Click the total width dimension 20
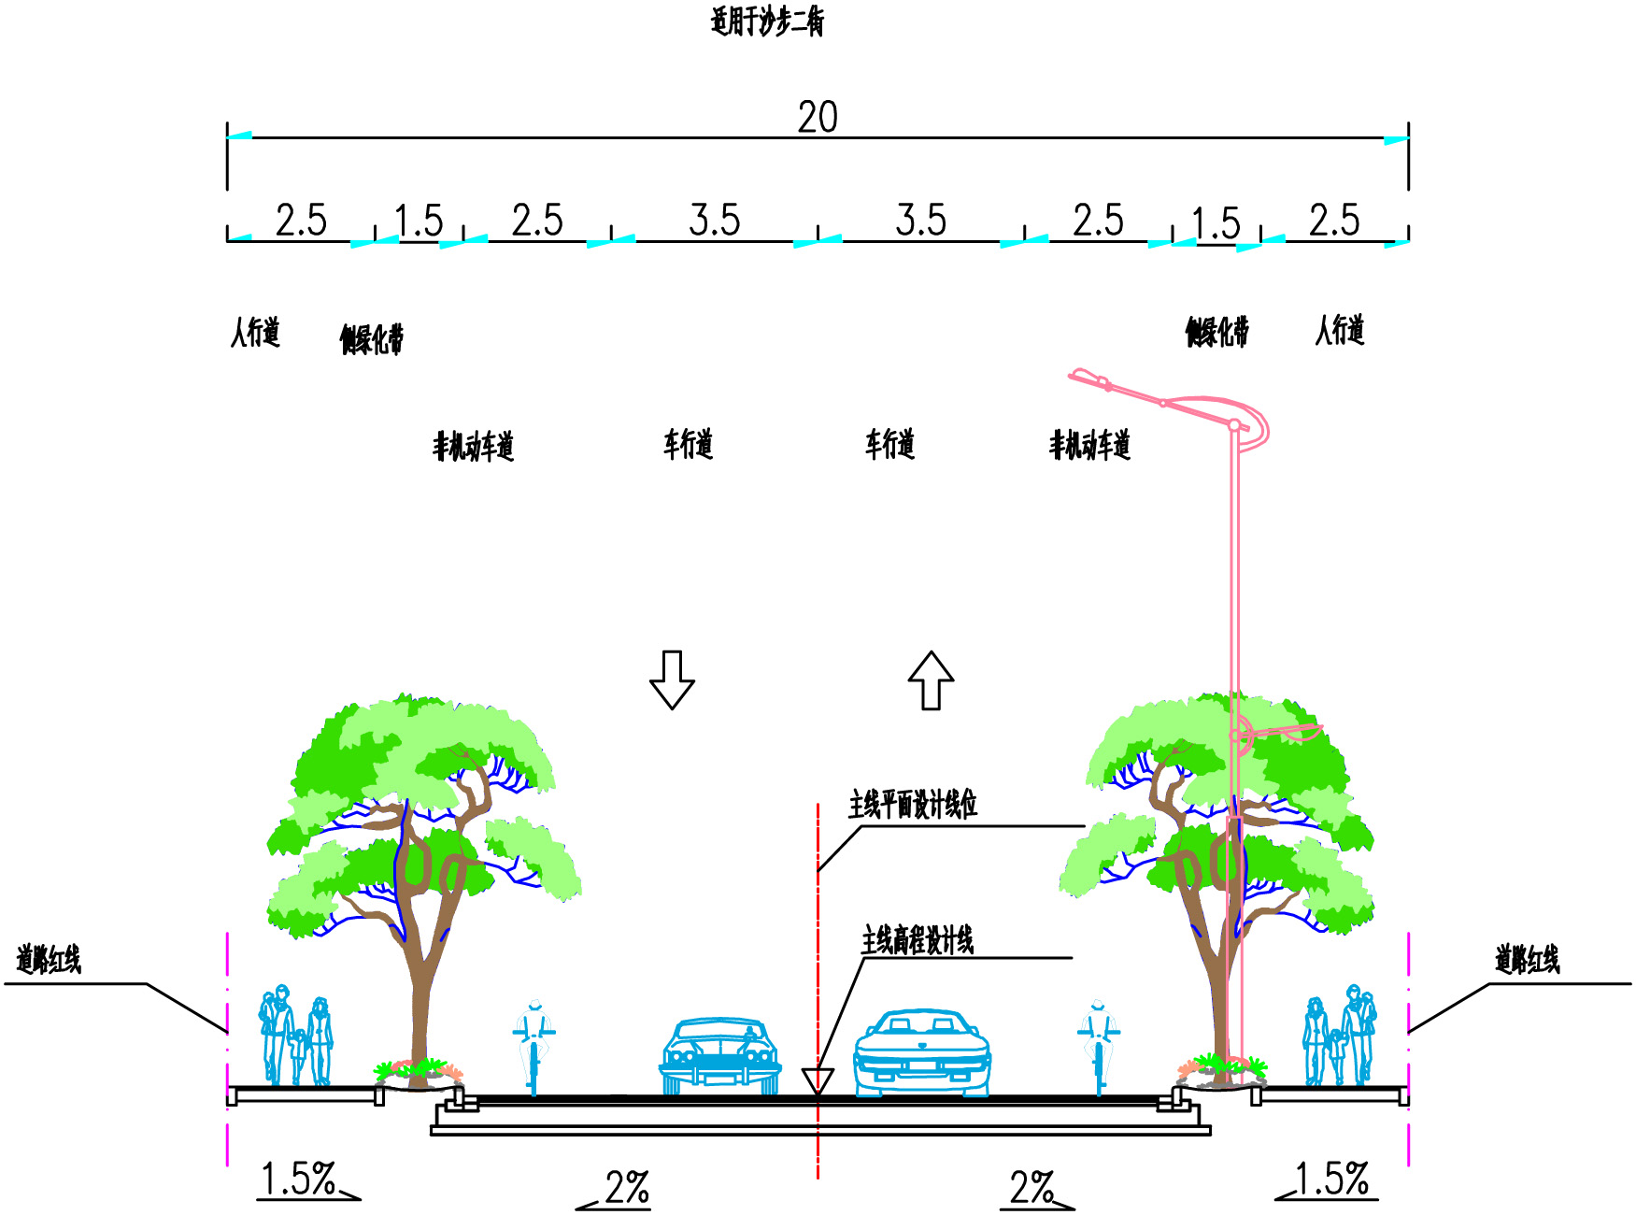coord(818,118)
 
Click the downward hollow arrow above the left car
coord(672,679)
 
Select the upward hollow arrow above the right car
coord(931,679)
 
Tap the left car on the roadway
coord(720,1056)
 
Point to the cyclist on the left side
coord(533,1047)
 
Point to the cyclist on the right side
coord(1099,1047)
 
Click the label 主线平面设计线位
coord(912,805)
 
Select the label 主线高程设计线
coord(917,940)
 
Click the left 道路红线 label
coord(49,960)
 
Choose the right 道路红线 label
coord(1527,960)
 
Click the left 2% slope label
coord(626,1189)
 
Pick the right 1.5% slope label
coord(1330,1179)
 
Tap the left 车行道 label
coord(688,444)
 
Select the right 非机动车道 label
coord(1089,446)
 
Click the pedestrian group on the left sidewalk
coord(295,1037)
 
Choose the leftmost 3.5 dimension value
coord(715,221)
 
